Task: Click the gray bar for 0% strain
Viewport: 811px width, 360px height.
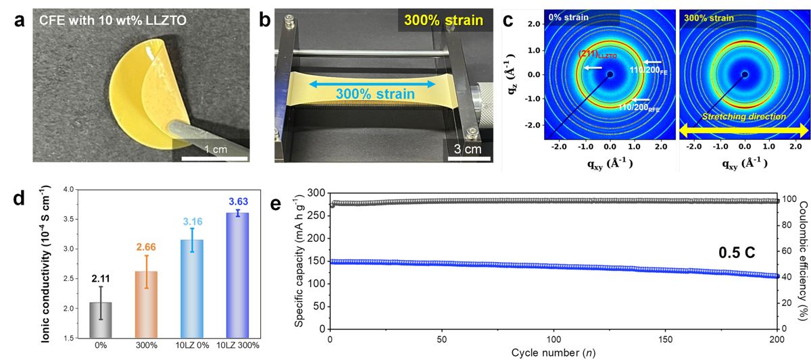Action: click(101, 320)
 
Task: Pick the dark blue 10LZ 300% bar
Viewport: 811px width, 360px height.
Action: click(237, 276)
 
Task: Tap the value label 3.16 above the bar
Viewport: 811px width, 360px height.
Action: click(192, 222)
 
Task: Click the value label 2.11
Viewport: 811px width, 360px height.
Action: click(101, 278)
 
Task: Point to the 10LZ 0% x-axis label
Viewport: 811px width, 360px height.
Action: click(192, 345)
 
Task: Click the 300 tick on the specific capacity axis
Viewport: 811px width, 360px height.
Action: click(316, 193)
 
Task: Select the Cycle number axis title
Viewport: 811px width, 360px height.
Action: click(554, 353)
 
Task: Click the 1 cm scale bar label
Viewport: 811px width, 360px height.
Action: click(216, 149)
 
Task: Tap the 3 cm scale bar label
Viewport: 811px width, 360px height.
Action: click(468, 149)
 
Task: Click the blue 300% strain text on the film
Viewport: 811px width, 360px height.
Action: click(376, 94)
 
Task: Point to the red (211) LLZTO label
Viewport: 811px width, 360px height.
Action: click(597, 54)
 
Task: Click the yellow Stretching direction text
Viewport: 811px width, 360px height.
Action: click(744, 116)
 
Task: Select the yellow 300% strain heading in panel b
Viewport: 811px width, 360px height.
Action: click(443, 20)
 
